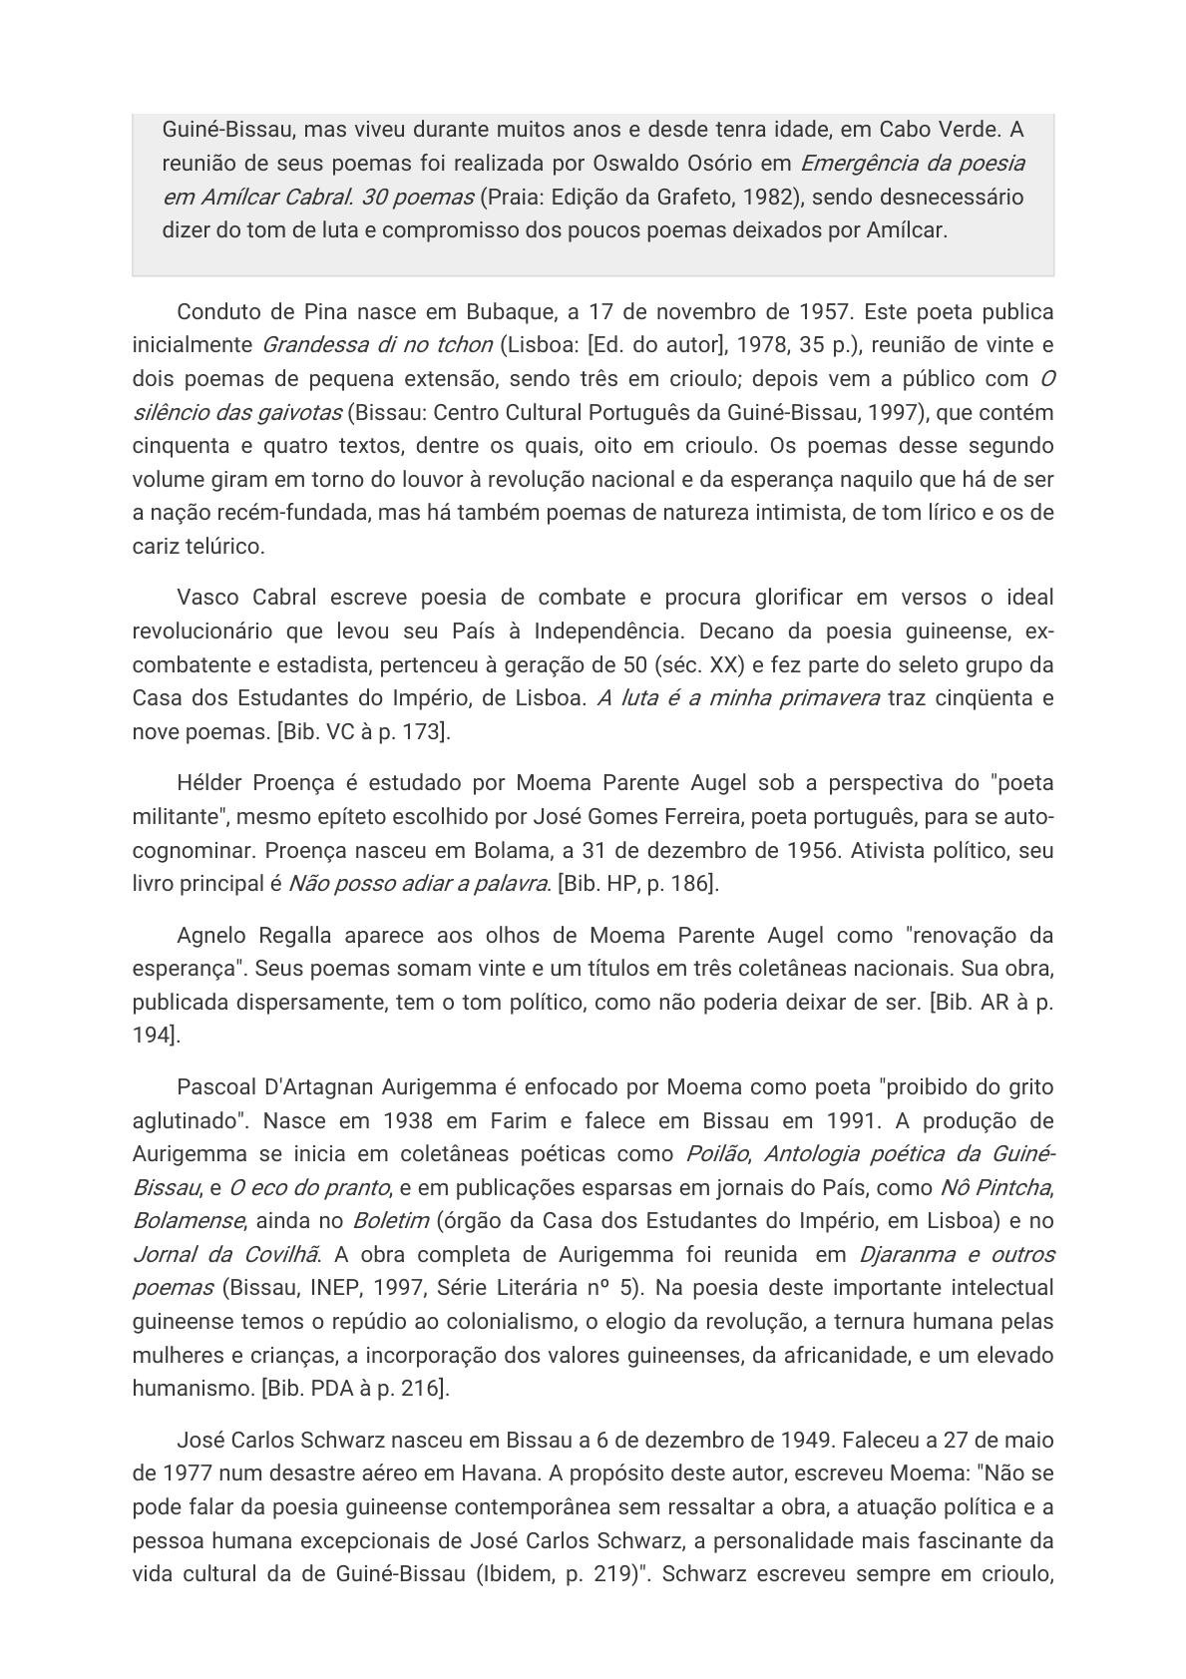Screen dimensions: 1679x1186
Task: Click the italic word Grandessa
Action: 310,345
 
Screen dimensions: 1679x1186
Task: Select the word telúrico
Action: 229,546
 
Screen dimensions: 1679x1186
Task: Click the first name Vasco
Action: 207,598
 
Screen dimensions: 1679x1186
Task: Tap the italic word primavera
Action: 823,698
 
